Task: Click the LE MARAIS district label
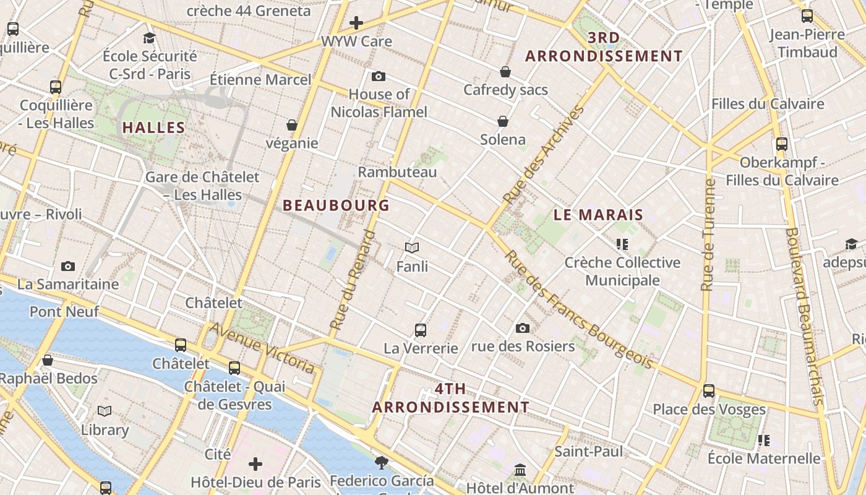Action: [598, 215]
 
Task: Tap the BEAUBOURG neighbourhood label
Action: [336, 205]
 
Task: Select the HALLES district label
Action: [153, 128]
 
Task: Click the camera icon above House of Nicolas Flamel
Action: [379, 76]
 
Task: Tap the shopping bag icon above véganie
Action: [292, 125]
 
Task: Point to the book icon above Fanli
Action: [412, 248]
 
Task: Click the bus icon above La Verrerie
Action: [421, 330]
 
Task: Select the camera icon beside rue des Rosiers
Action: [523, 328]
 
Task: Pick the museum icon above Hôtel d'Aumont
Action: [520, 470]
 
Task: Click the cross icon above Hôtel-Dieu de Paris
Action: [255, 463]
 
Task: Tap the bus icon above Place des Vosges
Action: [709, 390]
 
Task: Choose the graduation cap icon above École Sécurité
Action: [149, 38]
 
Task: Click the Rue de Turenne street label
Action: [708, 235]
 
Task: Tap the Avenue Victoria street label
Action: [262, 347]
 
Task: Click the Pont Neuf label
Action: [64, 311]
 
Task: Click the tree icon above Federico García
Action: [382, 462]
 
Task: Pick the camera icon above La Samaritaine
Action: [68, 266]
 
